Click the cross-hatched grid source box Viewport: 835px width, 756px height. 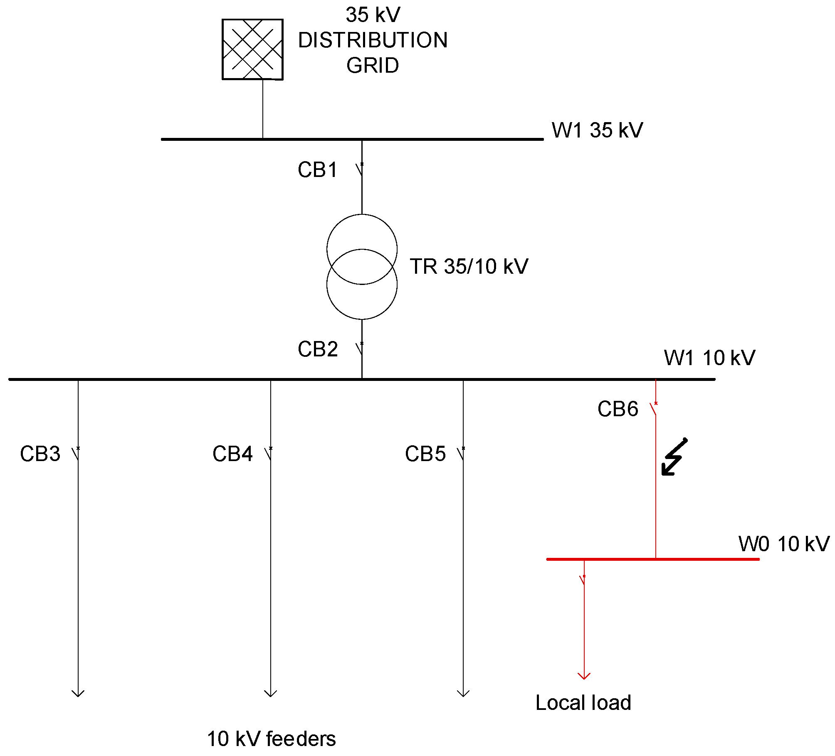[x=252, y=49]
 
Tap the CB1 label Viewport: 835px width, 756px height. [x=318, y=170]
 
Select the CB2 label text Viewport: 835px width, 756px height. [x=318, y=349]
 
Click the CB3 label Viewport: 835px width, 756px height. [x=40, y=454]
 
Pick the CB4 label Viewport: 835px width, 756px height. [x=232, y=454]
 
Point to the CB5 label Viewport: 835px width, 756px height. [x=425, y=454]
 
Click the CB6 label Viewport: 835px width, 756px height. [x=618, y=409]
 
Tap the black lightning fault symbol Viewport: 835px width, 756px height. [x=674, y=457]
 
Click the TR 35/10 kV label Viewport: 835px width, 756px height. [x=469, y=266]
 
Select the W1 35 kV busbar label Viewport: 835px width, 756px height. [x=597, y=130]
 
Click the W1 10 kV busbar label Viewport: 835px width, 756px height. [x=709, y=358]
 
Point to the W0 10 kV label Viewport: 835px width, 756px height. [x=784, y=544]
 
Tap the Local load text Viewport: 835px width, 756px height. [x=583, y=702]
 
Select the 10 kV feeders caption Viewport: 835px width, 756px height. [x=271, y=739]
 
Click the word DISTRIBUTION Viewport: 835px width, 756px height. [x=373, y=40]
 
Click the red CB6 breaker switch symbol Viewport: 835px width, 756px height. [x=654, y=409]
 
